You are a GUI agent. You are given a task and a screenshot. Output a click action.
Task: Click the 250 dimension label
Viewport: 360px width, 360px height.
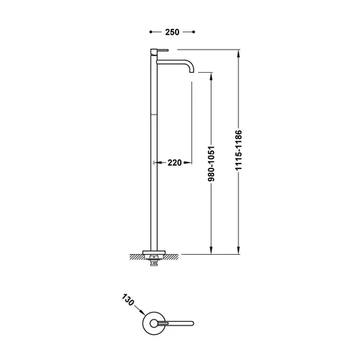[172, 32]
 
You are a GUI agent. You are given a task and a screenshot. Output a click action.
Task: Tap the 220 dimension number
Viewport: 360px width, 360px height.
[174, 163]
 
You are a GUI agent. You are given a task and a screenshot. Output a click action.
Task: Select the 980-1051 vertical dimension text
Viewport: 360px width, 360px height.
[211, 163]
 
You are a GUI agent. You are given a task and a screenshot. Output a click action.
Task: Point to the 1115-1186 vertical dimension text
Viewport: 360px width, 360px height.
[238, 150]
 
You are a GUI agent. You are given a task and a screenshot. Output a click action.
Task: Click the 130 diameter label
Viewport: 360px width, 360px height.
[128, 300]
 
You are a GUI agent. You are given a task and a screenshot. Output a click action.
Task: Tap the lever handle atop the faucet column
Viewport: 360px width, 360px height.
[159, 50]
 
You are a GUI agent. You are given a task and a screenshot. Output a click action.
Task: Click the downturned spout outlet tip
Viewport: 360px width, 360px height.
[192, 71]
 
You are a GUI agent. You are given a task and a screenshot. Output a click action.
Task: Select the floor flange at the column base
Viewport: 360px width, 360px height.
[154, 253]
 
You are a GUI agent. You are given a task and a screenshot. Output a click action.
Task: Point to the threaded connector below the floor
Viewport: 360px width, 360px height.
[154, 261]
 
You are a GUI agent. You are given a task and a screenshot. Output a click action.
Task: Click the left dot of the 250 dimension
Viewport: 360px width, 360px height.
[150, 32]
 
